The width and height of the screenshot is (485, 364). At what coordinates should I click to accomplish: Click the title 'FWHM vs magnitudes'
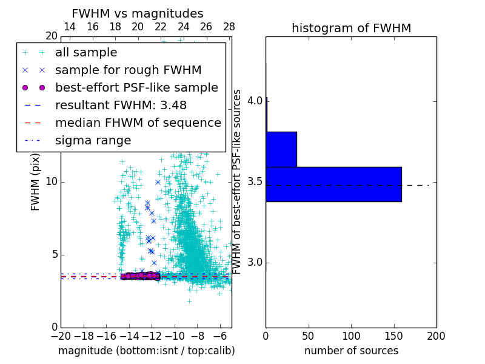[x=137, y=14]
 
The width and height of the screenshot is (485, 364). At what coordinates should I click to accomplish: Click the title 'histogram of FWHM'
[x=351, y=29]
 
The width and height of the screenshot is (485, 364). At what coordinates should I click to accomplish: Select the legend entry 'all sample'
[x=86, y=53]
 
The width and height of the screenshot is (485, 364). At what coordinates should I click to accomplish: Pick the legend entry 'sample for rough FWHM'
[x=128, y=70]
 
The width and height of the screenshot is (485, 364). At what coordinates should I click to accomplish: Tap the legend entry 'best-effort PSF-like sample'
[x=136, y=88]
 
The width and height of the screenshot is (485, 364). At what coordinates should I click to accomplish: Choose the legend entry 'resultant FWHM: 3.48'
[x=121, y=106]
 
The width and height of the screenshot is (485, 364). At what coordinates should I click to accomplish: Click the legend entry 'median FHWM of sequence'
[x=138, y=123]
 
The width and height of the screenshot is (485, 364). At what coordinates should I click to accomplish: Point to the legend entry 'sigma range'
[x=93, y=141]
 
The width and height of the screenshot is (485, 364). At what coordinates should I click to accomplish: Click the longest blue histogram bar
[x=333, y=184]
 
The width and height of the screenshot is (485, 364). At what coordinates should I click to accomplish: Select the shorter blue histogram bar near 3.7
[x=281, y=149]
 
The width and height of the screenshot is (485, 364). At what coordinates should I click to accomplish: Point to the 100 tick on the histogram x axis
[x=351, y=335]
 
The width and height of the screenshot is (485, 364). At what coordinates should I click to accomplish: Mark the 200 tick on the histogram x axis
[x=436, y=335]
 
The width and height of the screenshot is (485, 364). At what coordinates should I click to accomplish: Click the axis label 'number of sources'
[x=351, y=351]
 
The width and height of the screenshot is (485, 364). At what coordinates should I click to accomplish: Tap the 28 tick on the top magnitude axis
[x=229, y=27]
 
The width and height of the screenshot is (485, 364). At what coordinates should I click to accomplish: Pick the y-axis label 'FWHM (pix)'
[x=36, y=182]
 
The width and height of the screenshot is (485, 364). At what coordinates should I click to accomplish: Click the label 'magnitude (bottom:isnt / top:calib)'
[x=146, y=351]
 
